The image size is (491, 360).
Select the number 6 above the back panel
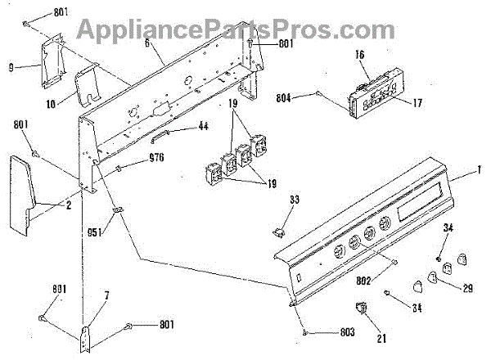pyautogui.click(x=146, y=44)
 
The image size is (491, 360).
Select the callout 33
pyautogui.click(x=295, y=200)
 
